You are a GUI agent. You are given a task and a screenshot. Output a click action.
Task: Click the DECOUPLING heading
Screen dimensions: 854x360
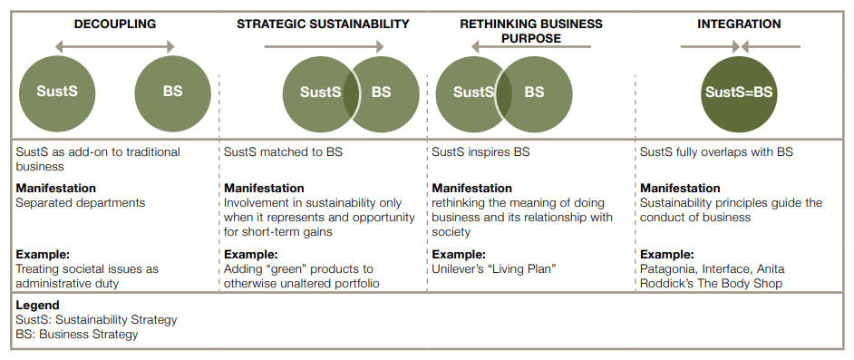point(115,24)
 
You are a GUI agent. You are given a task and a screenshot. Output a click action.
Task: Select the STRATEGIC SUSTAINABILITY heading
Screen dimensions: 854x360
point(323,24)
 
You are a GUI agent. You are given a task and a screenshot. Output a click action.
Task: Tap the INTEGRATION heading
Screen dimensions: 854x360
point(739,24)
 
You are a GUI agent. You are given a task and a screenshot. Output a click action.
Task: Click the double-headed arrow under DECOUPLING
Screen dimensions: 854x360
point(115,47)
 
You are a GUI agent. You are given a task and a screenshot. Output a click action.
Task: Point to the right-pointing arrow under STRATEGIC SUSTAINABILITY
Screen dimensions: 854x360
point(324,47)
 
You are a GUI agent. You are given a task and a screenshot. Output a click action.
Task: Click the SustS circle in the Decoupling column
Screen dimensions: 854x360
point(57,94)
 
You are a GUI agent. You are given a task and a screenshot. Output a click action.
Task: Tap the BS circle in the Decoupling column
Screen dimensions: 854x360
point(172,94)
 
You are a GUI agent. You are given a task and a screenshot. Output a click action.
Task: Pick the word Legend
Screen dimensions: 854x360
point(37,306)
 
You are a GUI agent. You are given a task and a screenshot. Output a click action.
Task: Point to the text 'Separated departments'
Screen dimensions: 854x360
point(81,203)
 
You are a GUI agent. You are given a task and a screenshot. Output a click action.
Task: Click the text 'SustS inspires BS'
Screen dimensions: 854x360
point(480,152)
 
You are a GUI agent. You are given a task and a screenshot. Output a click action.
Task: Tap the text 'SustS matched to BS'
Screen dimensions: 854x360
point(283,152)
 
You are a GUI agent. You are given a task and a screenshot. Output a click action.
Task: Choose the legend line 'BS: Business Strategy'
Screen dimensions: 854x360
point(77,335)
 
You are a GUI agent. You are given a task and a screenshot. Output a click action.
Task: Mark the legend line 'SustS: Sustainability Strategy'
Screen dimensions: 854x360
point(96,320)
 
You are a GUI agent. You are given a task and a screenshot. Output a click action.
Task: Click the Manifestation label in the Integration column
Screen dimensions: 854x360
point(680,189)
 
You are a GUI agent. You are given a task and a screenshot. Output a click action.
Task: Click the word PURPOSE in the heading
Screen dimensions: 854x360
point(531,39)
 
